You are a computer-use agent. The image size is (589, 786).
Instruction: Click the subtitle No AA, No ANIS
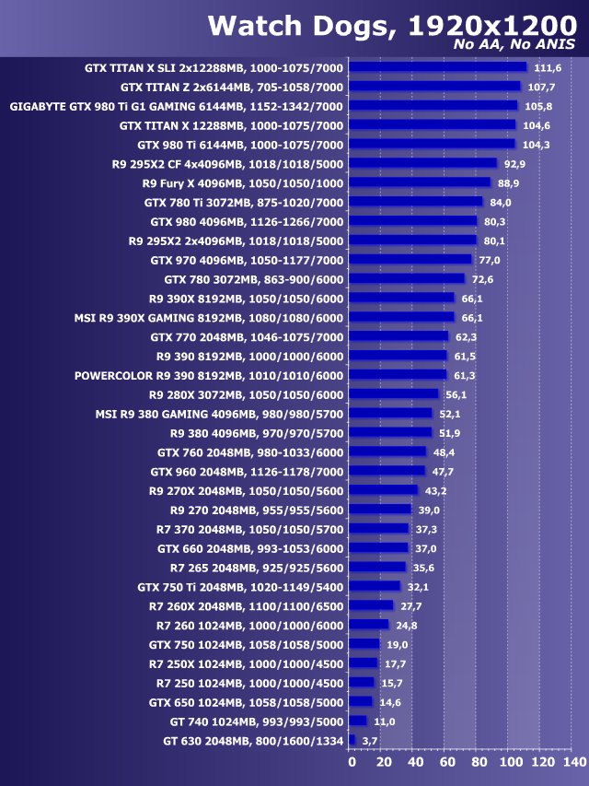coord(515,44)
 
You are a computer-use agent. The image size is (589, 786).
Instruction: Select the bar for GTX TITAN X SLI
coord(439,66)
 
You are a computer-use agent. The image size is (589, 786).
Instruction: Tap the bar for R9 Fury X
coord(422,182)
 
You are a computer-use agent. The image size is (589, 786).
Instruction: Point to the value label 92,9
coord(515,164)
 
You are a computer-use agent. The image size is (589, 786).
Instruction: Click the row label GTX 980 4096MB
coord(247,221)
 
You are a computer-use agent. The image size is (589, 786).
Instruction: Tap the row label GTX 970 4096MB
coord(247,260)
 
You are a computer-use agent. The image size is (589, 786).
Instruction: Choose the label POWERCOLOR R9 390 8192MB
coord(209,376)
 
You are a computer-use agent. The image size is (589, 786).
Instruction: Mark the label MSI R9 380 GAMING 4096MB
coord(219,415)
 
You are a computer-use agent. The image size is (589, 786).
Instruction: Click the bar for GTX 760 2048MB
coord(389,452)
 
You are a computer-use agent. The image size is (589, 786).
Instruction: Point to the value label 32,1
coord(419,586)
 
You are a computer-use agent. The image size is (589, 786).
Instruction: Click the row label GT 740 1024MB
coord(257,721)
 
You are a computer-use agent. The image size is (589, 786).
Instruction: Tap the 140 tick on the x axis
coord(574,763)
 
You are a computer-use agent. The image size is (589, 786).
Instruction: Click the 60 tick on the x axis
coord(446,763)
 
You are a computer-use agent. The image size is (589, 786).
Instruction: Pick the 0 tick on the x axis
coord(352,763)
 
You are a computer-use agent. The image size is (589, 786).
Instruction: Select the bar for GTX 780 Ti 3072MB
coord(417,202)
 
